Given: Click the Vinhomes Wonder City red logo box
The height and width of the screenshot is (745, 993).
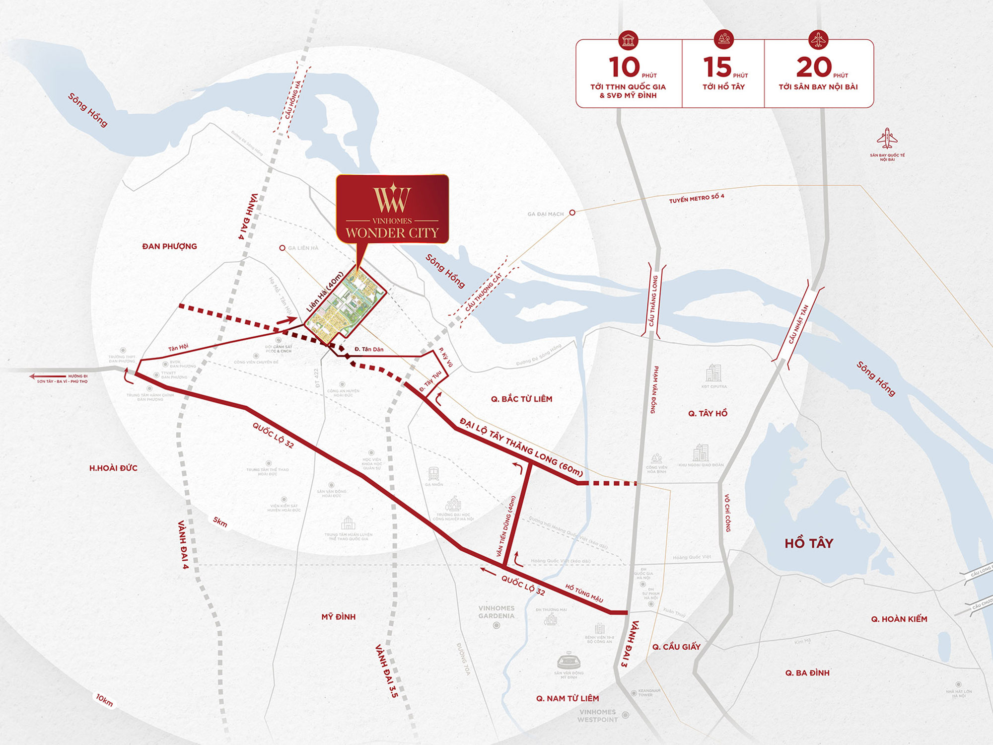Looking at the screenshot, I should point(392,209).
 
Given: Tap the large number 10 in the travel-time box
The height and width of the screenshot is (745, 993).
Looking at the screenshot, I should point(624,68).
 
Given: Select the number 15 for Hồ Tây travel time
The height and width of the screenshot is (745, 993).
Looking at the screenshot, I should point(717,68).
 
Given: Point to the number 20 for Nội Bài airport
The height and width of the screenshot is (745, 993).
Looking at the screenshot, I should point(814,68).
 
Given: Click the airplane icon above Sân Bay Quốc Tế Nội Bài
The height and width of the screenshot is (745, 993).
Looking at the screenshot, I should point(887,139).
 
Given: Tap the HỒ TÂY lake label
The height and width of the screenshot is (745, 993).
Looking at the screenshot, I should point(809,543).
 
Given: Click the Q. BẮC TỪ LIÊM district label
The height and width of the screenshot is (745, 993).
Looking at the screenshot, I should point(521,399).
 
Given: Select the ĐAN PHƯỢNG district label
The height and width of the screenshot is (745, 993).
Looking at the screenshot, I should point(169,246).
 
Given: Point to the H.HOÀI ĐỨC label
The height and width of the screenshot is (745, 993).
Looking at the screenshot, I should point(113,468).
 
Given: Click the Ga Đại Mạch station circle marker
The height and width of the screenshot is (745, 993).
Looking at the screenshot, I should point(572,213).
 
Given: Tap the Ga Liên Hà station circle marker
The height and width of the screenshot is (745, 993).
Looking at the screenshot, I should point(282,248).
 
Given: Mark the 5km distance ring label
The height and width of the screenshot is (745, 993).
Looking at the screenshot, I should point(220,522).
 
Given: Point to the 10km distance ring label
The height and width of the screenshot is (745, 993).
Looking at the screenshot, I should point(104,700).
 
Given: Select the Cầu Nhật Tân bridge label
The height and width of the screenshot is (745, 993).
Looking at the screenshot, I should point(798,324).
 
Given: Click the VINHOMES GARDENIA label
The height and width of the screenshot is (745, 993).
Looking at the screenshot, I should point(496,612).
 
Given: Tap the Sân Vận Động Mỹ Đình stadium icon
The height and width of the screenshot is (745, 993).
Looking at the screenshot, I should point(569,661).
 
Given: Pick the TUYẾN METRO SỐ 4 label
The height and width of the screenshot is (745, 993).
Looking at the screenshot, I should point(696,199).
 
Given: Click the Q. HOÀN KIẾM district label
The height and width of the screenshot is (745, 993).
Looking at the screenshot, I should point(899,619).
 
